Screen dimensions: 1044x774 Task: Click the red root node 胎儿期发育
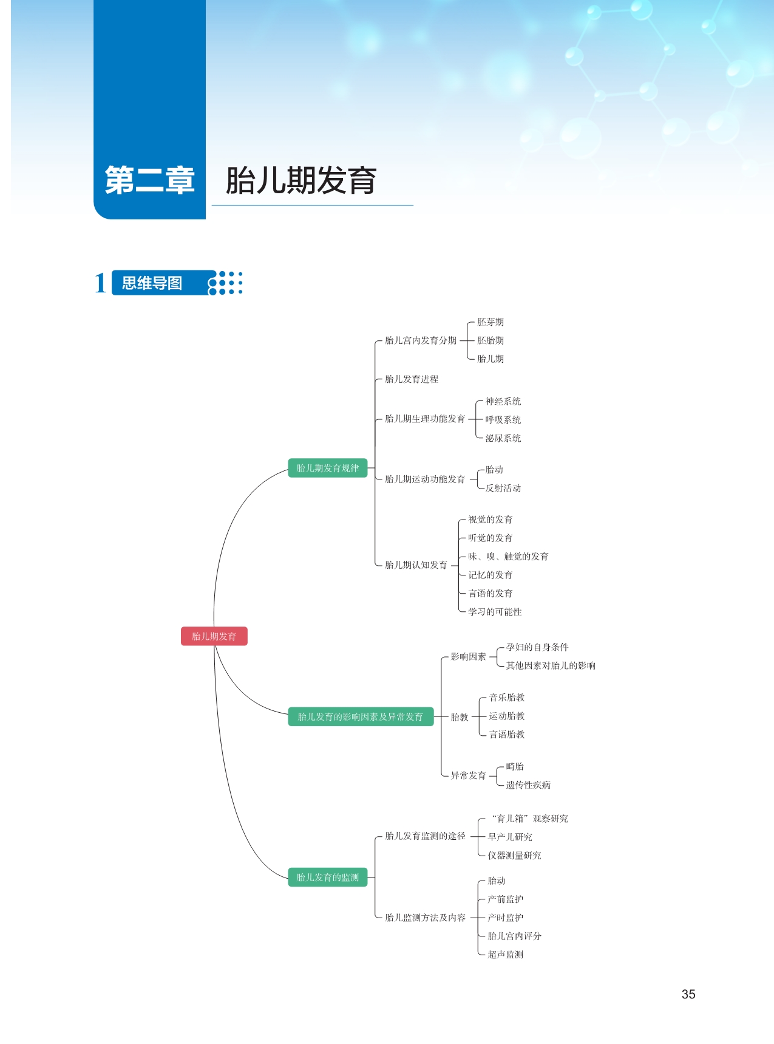(x=214, y=636)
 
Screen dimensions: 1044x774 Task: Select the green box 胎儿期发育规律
(x=327, y=468)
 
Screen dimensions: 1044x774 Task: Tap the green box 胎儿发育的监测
(x=327, y=877)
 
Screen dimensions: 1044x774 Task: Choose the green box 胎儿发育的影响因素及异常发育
(x=360, y=716)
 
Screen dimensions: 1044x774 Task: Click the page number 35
(x=688, y=994)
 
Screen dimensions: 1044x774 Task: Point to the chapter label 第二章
(x=149, y=180)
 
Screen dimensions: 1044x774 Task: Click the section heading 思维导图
(x=152, y=283)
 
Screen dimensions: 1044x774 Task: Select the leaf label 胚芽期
(x=491, y=322)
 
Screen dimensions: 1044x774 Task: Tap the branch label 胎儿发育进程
(x=412, y=379)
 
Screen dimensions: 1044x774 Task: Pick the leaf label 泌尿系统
(x=503, y=438)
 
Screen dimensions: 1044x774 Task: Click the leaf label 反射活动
(x=503, y=488)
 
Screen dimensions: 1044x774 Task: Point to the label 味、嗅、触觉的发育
(x=508, y=557)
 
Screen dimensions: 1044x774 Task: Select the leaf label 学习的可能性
(x=495, y=612)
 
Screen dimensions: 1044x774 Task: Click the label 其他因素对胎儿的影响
(x=551, y=665)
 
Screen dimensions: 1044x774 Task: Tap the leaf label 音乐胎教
(x=507, y=698)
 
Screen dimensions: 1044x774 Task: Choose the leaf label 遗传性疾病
(x=528, y=785)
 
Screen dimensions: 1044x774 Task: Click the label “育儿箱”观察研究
(x=529, y=819)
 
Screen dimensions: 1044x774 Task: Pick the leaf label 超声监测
(x=505, y=955)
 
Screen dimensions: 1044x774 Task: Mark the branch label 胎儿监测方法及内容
(x=425, y=918)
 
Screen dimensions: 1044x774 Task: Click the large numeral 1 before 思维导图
(x=100, y=283)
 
